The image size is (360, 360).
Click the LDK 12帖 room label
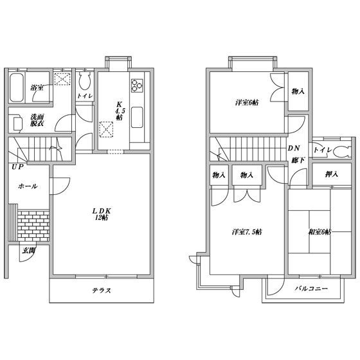(102, 214)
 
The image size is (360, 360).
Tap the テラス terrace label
(102, 291)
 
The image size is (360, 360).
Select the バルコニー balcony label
(311, 289)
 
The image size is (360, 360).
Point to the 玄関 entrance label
(28, 251)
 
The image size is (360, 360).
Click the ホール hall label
(28, 186)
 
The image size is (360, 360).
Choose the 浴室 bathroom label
(37, 87)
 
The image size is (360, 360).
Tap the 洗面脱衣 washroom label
(37, 120)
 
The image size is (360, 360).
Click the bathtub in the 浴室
(17, 87)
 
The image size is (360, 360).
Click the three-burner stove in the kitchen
(137, 85)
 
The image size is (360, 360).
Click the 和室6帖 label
(319, 232)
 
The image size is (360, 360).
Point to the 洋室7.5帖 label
(247, 232)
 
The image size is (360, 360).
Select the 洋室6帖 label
(247, 103)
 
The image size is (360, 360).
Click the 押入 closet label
(332, 174)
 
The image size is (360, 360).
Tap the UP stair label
(18, 167)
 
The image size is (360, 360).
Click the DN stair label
(294, 148)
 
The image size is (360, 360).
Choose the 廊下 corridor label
(298, 160)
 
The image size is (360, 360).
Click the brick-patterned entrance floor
(33, 225)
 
